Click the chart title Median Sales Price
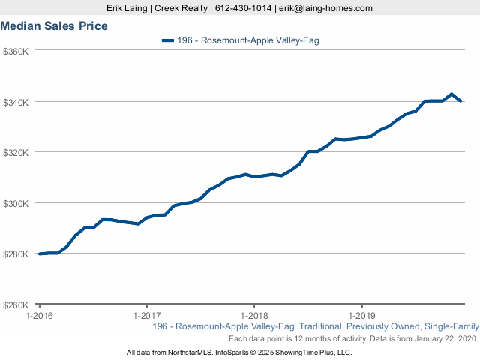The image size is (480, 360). (x=53, y=26)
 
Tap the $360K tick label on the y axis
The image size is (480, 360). (x=16, y=51)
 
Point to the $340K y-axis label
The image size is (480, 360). (x=16, y=102)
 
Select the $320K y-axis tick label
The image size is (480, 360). (x=16, y=152)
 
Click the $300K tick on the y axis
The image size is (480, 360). (x=16, y=203)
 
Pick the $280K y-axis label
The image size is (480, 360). (x=16, y=254)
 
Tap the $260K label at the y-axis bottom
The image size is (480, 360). (x=16, y=305)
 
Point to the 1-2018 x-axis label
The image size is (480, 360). (x=254, y=316)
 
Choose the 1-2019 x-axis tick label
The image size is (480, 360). (x=362, y=316)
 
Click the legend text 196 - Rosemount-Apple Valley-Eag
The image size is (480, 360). (x=248, y=40)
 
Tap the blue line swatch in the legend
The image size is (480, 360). (x=168, y=40)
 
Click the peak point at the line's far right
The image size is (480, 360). (x=451, y=94)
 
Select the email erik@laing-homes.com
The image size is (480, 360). (x=325, y=8)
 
